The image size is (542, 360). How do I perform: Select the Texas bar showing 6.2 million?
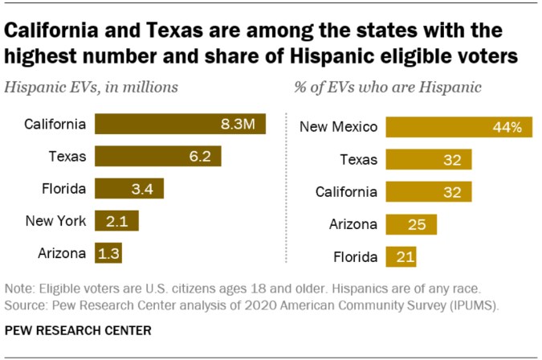click(157, 156)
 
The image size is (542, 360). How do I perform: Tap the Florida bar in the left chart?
click(129, 189)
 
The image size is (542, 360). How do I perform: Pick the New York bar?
click(116, 221)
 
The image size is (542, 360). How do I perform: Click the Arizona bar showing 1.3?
click(108, 253)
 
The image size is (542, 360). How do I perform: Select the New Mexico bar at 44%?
click(458, 127)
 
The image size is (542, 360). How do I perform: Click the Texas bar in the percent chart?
click(428, 159)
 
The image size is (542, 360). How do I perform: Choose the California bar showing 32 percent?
click(428, 192)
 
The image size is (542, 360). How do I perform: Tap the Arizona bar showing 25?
click(411, 224)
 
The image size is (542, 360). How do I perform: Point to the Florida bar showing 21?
click(401, 257)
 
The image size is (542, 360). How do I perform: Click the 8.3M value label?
click(239, 124)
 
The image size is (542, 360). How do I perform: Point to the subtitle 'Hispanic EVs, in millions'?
click(92, 85)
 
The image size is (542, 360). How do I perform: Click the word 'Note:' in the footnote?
click(19, 288)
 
